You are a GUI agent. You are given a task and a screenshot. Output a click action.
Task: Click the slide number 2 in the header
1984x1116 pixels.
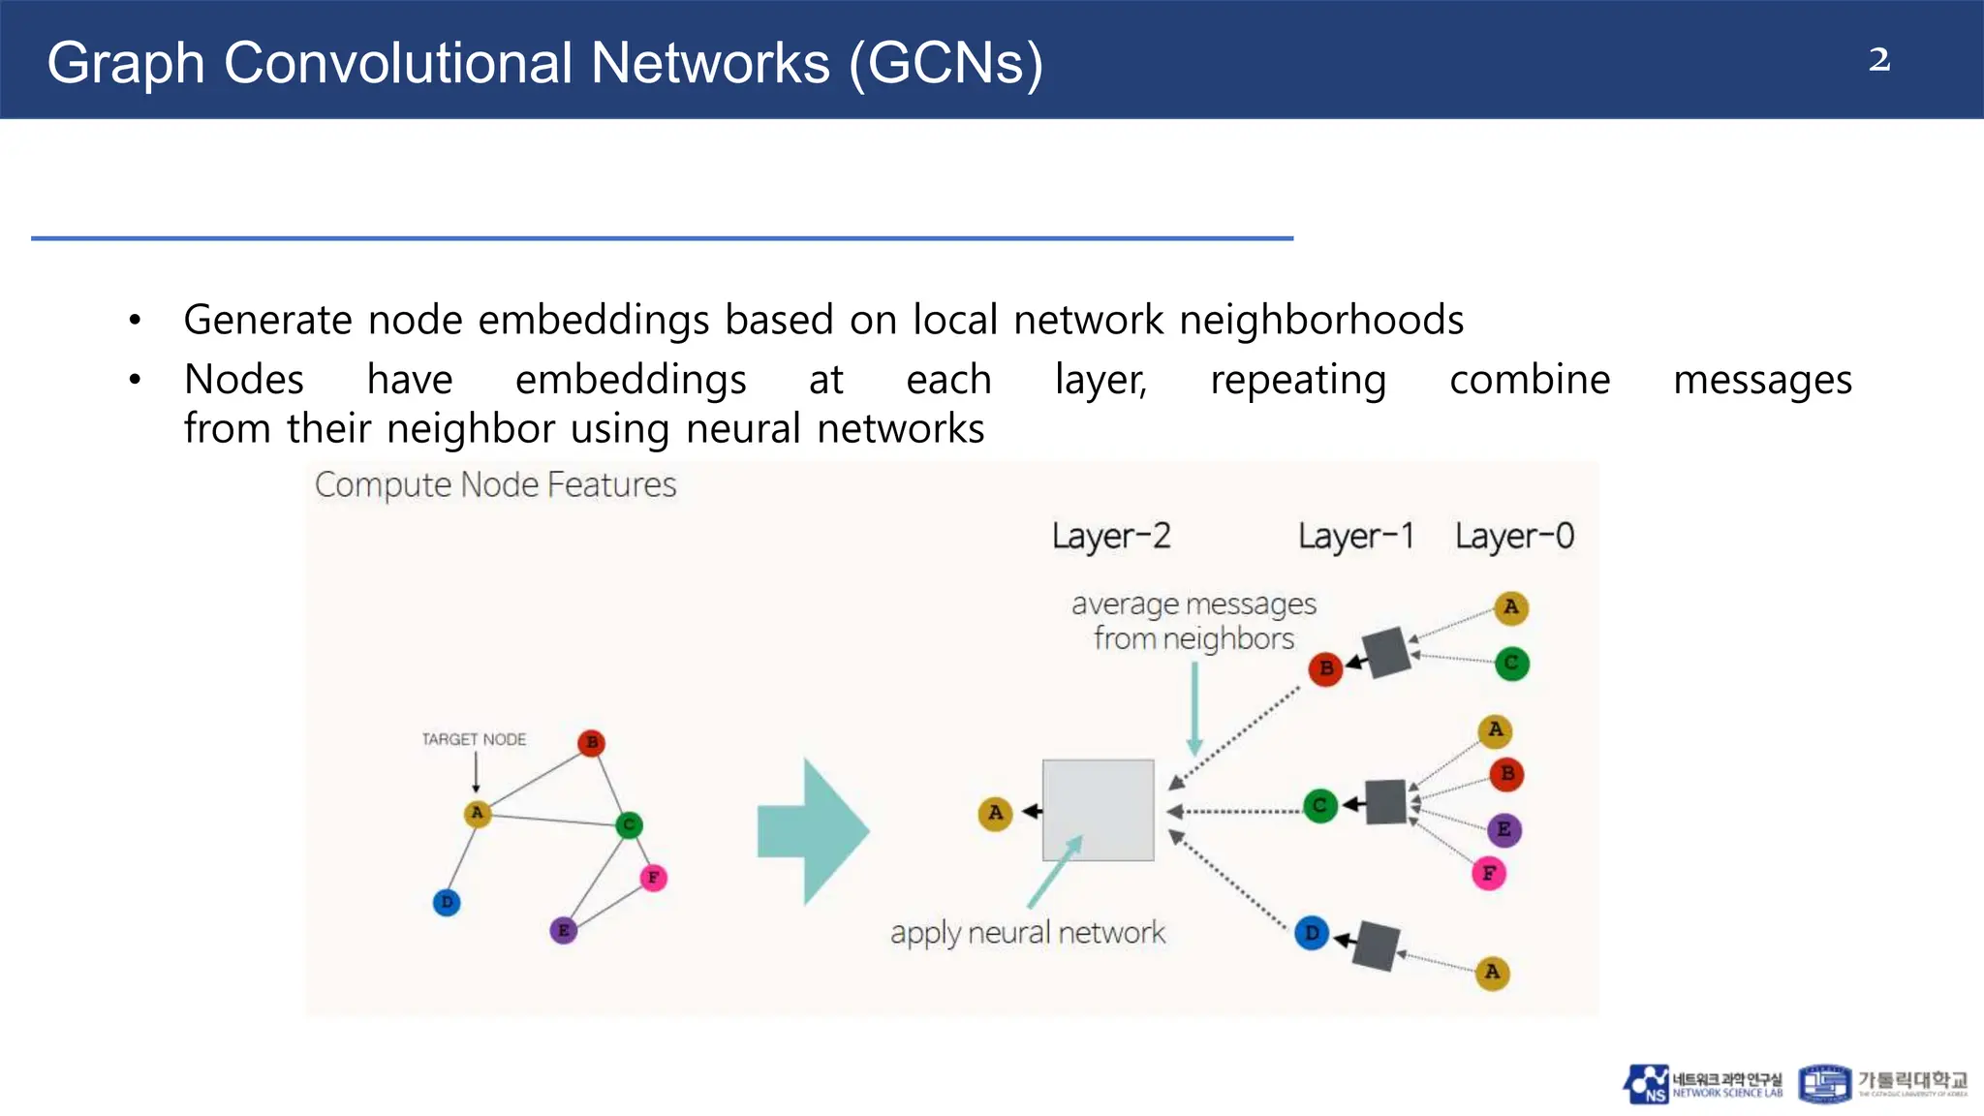point(1878,60)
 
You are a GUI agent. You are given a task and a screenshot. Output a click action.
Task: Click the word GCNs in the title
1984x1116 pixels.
point(945,63)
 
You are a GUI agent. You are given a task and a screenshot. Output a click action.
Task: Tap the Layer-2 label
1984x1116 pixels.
point(1111,536)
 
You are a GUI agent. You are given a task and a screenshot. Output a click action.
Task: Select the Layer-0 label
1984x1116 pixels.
point(1514,536)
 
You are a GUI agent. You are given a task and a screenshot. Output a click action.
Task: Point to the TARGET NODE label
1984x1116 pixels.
point(474,739)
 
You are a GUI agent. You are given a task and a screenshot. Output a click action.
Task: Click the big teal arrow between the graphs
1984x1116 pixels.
point(812,831)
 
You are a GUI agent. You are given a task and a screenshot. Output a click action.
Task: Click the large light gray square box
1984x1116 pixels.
point(1098,810)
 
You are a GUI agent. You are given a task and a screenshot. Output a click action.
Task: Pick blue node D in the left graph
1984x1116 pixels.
point(447,903)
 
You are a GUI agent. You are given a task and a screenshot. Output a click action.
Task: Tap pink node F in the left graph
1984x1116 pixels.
point(654,878)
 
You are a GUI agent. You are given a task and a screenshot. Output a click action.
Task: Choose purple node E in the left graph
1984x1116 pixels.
point(564,930)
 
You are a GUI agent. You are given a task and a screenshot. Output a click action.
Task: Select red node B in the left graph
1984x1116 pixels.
point(591,743)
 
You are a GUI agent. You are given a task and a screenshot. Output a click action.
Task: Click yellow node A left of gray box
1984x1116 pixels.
point(995,813)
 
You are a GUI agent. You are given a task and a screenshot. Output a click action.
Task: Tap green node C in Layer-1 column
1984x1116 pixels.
point(1319,805)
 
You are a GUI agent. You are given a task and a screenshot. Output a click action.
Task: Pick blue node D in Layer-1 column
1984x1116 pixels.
point(1312,933)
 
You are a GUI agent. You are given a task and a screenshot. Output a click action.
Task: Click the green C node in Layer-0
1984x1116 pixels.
point(1511,664)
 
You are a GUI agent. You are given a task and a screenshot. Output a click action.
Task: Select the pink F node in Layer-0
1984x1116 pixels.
point(1489,874)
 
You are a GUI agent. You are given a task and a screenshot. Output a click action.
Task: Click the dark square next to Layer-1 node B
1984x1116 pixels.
point(1386,652)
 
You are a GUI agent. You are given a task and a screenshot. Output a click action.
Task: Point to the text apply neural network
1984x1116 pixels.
point(1028,932)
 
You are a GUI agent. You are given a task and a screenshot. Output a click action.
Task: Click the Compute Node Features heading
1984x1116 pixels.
point(495,484)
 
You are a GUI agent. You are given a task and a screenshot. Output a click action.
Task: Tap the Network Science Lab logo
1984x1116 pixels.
point(1702,1084)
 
